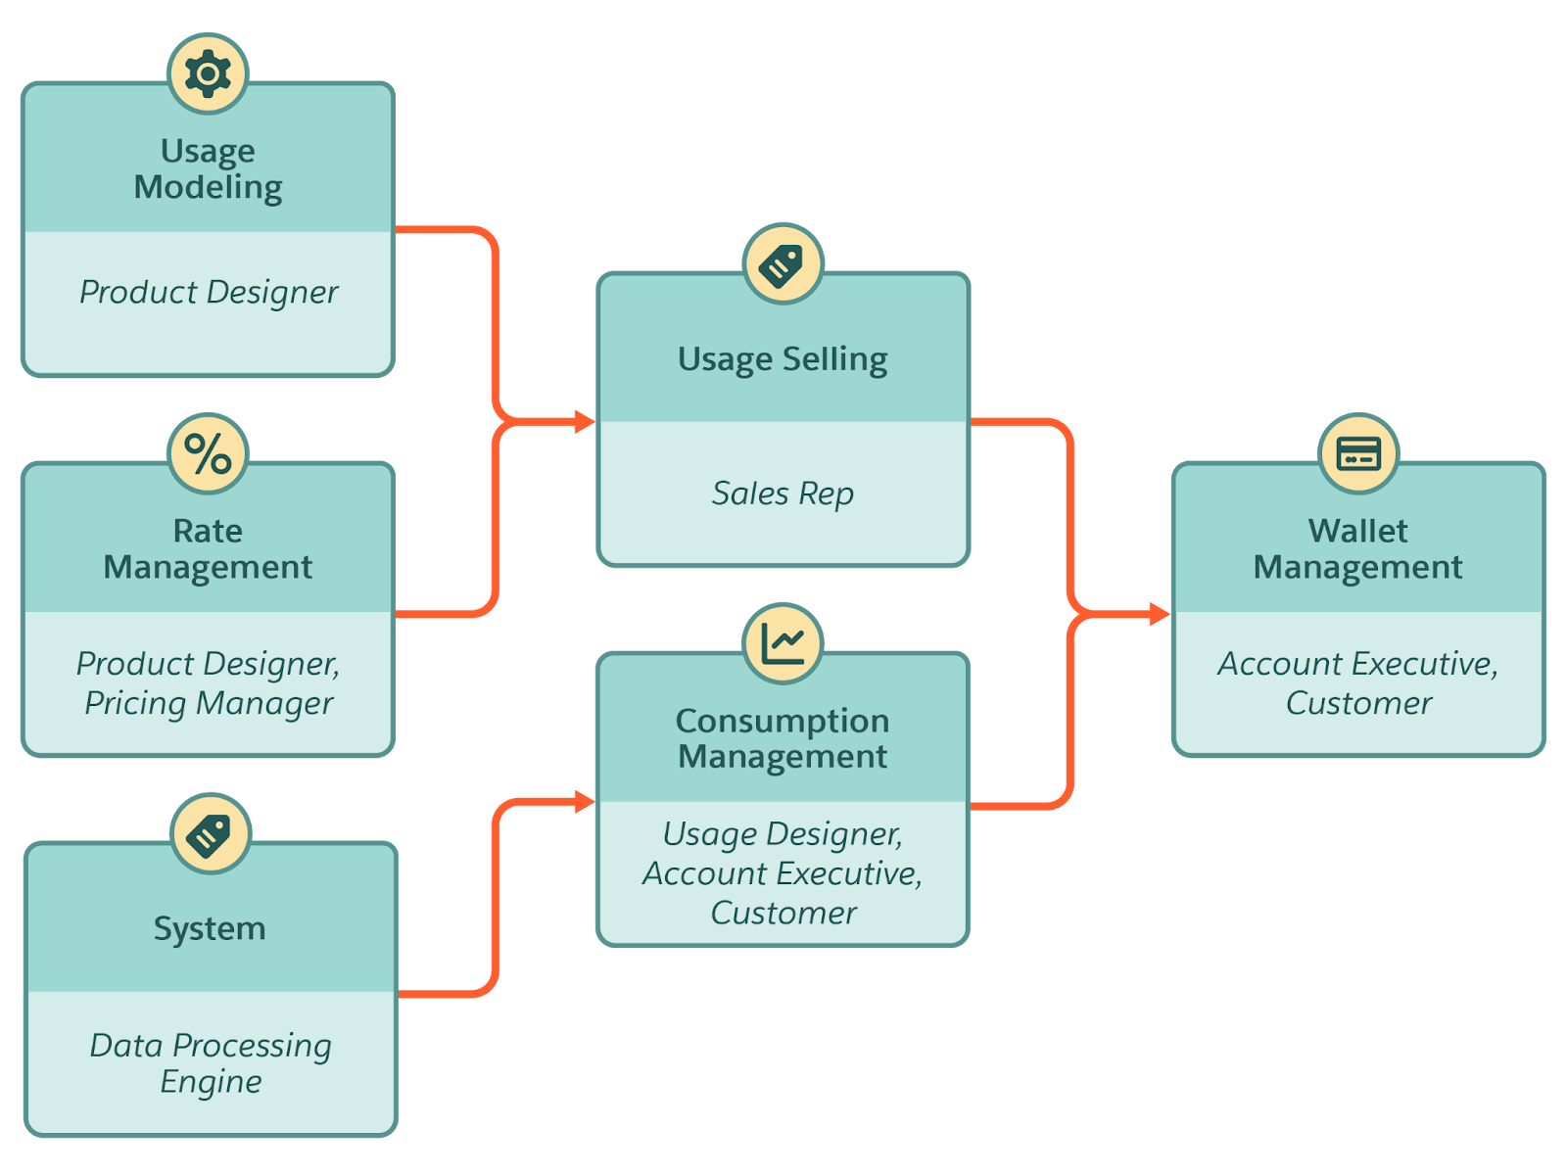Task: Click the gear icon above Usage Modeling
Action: (208, 73)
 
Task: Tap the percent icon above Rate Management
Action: (208, 453)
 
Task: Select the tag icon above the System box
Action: (211, 833)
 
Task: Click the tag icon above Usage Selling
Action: (783, 263)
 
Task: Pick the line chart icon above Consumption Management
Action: (783, 643)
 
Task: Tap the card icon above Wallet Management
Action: (1358, 453)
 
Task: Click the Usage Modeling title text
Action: (208, 168)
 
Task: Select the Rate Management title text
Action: (208, 548)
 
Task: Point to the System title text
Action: (210, 928)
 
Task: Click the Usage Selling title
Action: (783, 359)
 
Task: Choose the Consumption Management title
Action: (783, 738)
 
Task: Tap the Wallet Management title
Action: (1358, 548)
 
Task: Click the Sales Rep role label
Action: (783, 493)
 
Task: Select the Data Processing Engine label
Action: (211, 1063)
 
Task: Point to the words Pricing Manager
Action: (209, 703)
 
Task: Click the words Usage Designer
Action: (782, 834)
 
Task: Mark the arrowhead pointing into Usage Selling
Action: (585, 422)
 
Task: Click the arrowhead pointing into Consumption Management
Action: (585, 803)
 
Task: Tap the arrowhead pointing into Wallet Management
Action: (1160, 614)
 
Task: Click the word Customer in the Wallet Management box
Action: (1358, 703)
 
